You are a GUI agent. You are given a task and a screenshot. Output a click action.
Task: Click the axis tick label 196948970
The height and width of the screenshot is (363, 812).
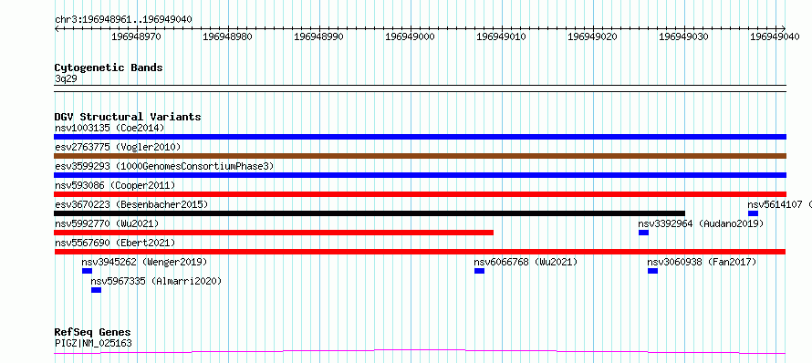(x=137, y=36)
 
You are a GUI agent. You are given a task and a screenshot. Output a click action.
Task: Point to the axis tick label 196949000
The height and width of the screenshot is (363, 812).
(x=411, y=36)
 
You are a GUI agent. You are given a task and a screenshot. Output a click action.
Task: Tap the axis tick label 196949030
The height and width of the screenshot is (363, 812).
(x=684, y=36)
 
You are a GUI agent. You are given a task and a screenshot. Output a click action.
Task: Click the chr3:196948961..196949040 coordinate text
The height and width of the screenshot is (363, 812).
(x=123, y=19)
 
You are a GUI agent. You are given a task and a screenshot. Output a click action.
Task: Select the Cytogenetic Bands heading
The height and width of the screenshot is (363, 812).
(x=109, y=67)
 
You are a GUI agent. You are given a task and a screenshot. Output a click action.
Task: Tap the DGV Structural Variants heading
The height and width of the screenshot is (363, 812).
(x=128, y=117)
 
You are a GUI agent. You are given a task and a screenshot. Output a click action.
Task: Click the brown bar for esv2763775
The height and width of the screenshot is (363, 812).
(x=420, y=156)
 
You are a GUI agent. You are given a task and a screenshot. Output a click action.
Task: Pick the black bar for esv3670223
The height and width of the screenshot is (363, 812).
(x=370, y=213)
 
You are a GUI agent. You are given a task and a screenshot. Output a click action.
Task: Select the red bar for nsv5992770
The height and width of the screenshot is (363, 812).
(x=274, y=233)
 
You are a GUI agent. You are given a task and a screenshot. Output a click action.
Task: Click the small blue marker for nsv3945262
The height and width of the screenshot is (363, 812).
(x=87, y=271)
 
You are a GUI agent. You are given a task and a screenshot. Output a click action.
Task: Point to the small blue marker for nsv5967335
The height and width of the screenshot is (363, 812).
(x=97, y=290)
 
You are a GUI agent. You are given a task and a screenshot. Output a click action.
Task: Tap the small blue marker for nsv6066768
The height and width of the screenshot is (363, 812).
(x=480, y=271)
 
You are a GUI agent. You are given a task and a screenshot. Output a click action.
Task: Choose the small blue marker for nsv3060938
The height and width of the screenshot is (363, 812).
(x=653, y=271)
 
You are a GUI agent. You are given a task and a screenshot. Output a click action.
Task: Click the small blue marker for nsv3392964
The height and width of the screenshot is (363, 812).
(x=644, y=233)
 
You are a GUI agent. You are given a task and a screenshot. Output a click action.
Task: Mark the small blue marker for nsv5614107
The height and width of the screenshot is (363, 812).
(x=753, y=213)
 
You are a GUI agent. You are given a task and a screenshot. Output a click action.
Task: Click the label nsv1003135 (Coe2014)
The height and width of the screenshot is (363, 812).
(x=109, y=128)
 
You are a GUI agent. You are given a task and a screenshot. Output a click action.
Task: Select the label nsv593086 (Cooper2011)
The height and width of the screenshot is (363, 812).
(x=115, y=185)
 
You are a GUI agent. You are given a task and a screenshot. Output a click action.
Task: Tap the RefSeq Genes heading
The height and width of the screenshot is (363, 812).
(x=93, y=332)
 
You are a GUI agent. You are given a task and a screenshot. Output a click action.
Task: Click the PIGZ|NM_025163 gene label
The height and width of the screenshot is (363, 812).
(x=93, y=343)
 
